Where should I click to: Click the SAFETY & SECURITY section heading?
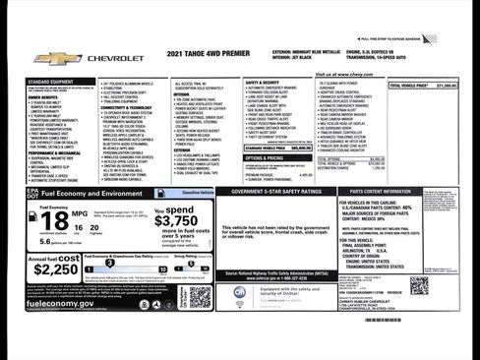(x=263, y=83)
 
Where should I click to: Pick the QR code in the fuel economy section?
(x=201, y=296)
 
